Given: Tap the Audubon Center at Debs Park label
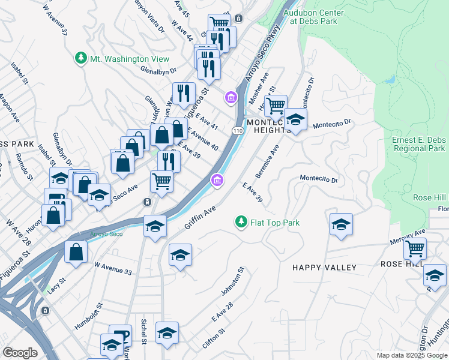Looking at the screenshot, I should (317, 17).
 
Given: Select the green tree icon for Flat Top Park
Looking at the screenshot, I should (241, 223).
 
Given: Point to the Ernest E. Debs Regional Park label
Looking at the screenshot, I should (418, 144).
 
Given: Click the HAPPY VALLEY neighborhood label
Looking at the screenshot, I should (324, 268).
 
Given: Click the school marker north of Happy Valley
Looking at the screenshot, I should (342, 224).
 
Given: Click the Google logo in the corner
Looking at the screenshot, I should (20, 352).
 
